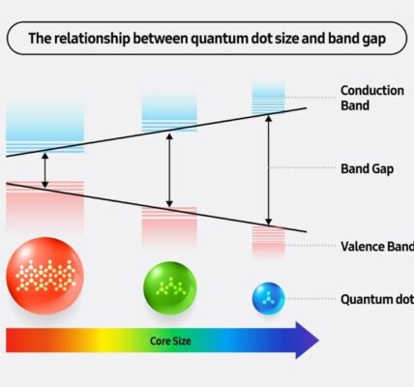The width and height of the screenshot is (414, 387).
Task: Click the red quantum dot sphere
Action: (45, 276)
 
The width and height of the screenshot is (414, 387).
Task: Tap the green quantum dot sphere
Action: (169, 288)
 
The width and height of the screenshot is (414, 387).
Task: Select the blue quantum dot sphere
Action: (268, 299)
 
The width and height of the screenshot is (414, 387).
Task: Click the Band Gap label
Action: (368, 168)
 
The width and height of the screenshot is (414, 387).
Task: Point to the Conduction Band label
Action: (372, 98)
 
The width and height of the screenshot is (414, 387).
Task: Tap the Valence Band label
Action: (377, 246)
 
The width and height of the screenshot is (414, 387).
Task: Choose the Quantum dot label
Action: (377, 299)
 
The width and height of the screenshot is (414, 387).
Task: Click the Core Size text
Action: (170, 341)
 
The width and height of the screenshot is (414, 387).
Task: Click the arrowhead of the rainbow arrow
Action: (308, 341)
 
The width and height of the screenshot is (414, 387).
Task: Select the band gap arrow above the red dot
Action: (45, 170)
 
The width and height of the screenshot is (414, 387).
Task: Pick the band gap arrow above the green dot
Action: (169, 170)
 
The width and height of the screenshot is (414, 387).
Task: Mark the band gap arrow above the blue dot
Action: (268, 170)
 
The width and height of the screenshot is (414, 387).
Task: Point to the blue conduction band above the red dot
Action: (45, 126)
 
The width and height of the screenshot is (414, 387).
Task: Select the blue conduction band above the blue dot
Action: (268, 98)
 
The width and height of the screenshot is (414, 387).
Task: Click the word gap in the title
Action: (373, 40)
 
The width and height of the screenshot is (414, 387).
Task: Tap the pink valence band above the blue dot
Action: (268, 241)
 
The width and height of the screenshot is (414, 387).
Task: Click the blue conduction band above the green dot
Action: (169, 111)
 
